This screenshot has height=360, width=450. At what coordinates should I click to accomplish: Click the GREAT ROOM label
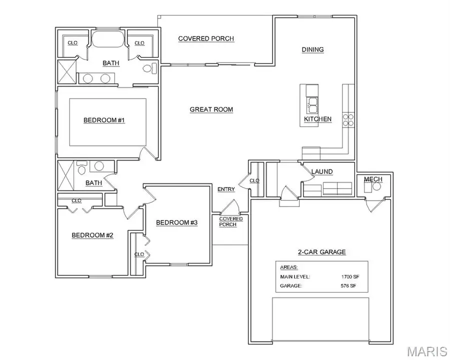point(211,109)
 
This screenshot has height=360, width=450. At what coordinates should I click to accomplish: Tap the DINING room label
point(312,49)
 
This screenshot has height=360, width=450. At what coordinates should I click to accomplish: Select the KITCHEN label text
point(317,119)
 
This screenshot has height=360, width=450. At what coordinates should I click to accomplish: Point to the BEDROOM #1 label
point(103,120)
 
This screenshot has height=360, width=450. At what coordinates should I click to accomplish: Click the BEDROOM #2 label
point(92,235)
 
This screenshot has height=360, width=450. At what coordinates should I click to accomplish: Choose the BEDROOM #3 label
point(176,222)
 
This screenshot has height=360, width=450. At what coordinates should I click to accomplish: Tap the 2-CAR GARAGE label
point(322,252)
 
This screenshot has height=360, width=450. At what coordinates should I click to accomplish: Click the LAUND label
point(322,171)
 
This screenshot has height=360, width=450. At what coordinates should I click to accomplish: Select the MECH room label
point(372,179)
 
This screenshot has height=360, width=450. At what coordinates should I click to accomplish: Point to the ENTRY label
point(226,189)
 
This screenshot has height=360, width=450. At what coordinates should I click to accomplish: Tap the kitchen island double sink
point(312,106)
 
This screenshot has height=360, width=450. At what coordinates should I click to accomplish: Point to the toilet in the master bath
point(148,68)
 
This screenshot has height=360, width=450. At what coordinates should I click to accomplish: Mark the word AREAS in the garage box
point(288,267)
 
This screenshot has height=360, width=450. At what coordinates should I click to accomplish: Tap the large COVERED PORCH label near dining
point(206,38)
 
